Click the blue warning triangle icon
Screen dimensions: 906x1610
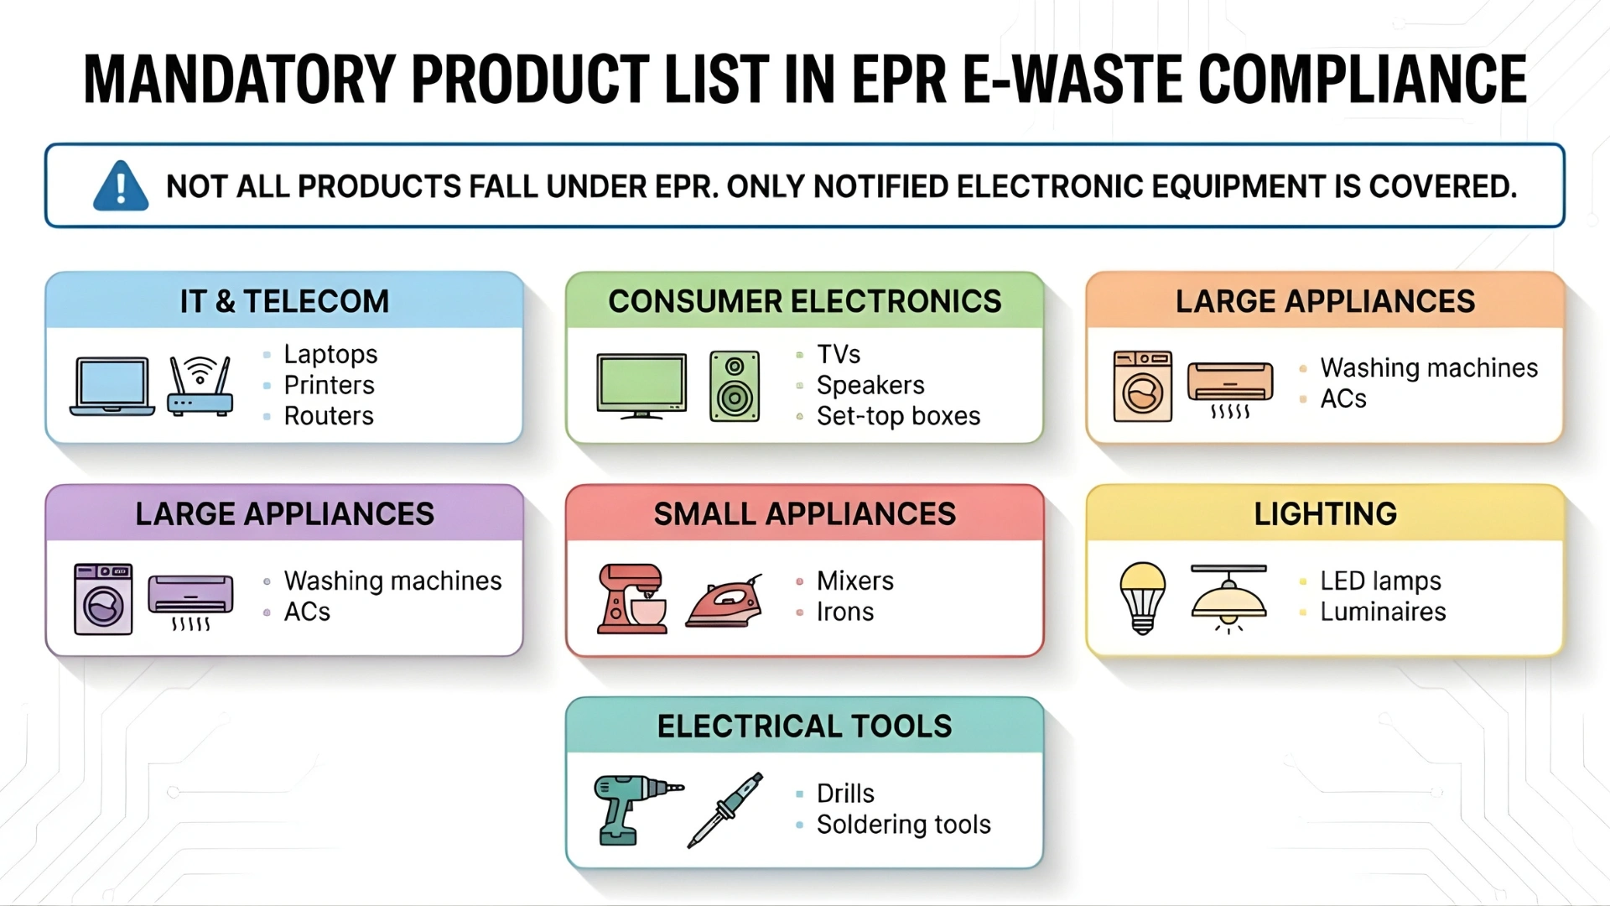click(x=121, y=186)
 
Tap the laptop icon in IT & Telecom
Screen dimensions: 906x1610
click(x=112, y=387)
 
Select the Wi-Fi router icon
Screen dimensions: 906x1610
click(x=200, y=387)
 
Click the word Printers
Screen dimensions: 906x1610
click(x=329, y=385)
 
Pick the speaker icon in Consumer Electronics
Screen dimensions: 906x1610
click(x=735, y=387)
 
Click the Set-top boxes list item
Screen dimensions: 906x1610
click(x=898, y=416)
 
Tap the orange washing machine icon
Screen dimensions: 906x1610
click(x=1142, y=387)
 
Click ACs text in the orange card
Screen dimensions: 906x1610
click(x=1343, y=399)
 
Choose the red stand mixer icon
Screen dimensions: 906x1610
click(x=631, y=599)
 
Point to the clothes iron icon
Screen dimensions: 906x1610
click(x=724, y=601)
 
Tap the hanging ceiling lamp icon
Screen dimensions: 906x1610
click(x=1228, y=598)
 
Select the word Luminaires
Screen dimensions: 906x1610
click(x=1383, y=612)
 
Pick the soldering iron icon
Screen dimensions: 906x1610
click(x=725, y=810)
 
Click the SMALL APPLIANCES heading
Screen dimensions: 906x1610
click(x=804, y=513)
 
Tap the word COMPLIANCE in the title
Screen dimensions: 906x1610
click(x=1362, y=80)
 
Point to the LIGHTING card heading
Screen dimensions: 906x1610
click(x=1325, y=513)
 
